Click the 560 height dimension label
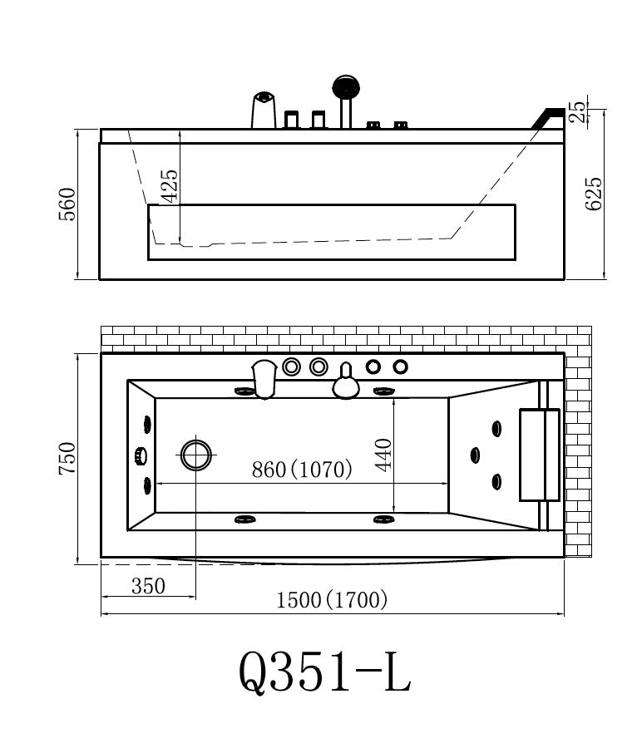tap(67, 204)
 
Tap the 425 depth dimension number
tap(170, 186)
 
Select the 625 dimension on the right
tap(593, 194)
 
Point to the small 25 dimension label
tap(577, 112)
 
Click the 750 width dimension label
tap(67, 458)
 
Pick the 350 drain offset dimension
tap(149, 586)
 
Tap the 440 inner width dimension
tap(383, 455)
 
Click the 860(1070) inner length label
tap(302, 470)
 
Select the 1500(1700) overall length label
tap(332, 600)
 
